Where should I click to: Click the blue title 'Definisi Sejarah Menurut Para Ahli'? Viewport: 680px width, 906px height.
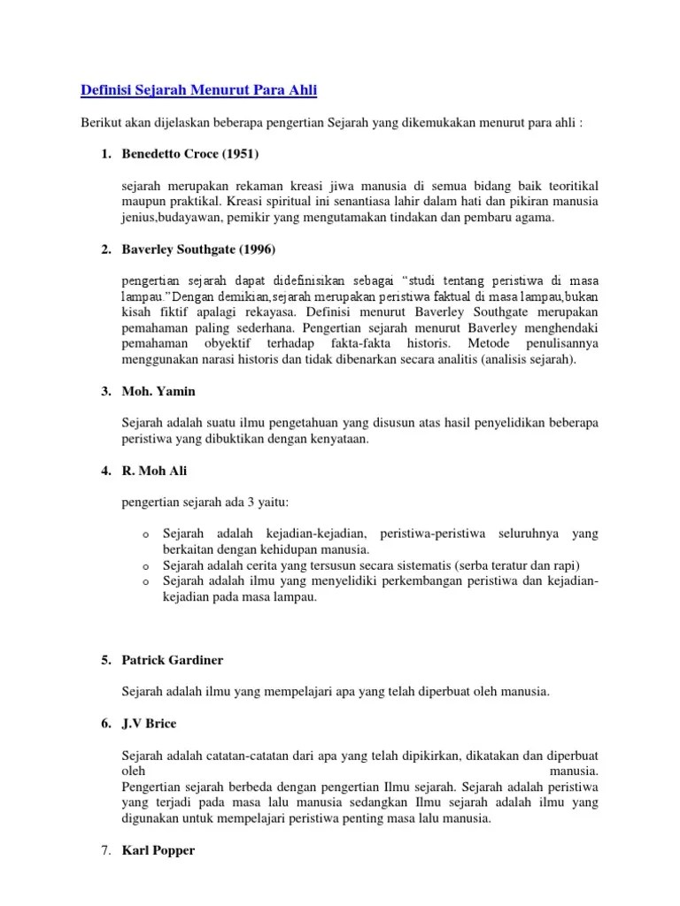198,90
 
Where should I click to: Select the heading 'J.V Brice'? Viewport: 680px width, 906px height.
150,723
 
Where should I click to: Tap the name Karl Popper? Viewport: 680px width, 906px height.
158,850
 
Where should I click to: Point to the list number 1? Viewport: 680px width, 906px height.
105,154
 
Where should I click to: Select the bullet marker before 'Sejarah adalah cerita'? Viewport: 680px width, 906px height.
143,566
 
